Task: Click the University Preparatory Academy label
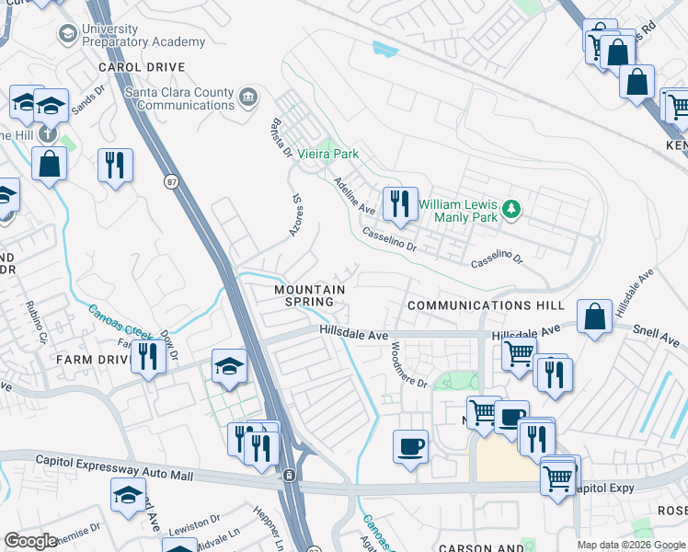pos(143,35)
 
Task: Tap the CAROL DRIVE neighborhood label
pos(142,67)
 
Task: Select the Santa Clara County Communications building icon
pos(247,98)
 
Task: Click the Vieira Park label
pos(327,154)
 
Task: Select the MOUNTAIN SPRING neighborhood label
pos(309,295)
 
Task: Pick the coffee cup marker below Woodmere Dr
pos(410,447)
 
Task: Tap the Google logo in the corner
pos(30,541)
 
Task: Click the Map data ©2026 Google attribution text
pos(630,545)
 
